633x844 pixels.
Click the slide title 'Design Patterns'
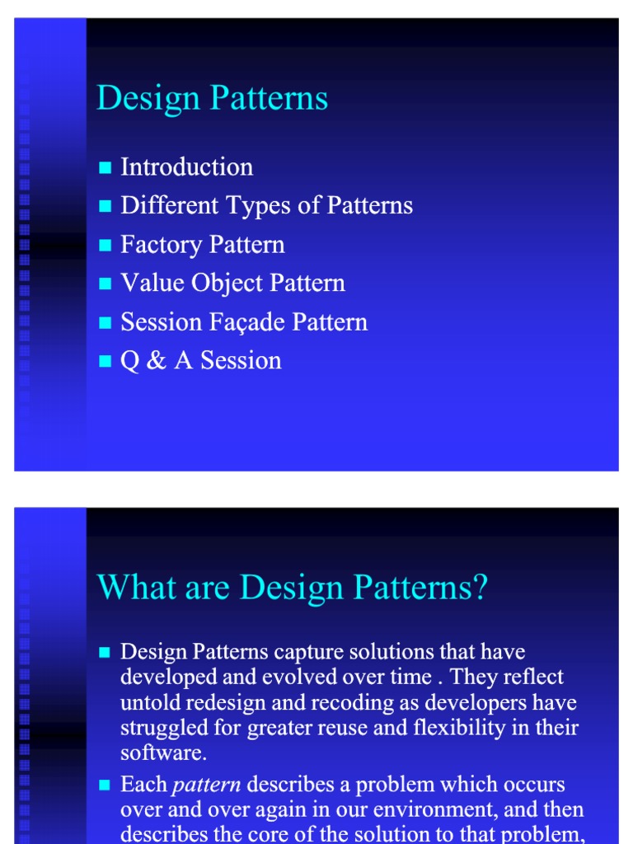pyautogui.click(x=212, y=99)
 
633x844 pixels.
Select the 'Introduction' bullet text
pyautogui.click(x=186, y=167)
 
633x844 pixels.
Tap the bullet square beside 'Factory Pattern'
pyautogui.click(x=105, y=246)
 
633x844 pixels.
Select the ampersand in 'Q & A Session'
pyautogui.click(x=155, y=361)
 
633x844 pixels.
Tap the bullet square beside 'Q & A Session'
pyautogui.click(x=105, y=362)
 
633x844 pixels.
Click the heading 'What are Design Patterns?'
pyautogui.click(x=293, y=588)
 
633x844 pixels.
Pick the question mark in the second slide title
pyautogui.click(x=481, y=588)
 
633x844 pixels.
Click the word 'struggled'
pyautogui.click(x=160, y=729)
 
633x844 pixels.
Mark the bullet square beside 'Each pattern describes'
pyautogui.click(x=105, y=785)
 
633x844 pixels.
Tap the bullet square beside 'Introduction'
pyautogui.click(x=105, y=168)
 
